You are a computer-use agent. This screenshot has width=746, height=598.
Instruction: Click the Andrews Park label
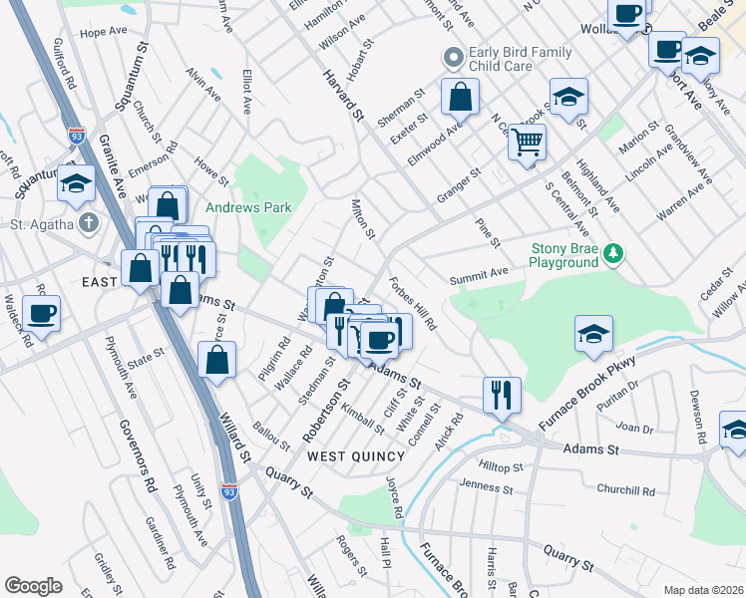point(248,207)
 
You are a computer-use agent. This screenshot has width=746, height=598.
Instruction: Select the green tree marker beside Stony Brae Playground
point(616,255)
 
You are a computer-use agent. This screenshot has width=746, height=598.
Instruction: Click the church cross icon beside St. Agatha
point(90,223)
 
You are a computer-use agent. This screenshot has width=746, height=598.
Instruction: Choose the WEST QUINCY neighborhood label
point(356,455)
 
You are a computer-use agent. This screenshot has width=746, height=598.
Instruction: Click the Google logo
point(33,586)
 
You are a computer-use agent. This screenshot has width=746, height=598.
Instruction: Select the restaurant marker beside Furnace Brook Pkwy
point(502,395)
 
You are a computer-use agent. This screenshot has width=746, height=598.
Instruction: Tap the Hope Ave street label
point(103,32)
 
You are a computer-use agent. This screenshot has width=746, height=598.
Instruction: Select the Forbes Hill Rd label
point(412,303)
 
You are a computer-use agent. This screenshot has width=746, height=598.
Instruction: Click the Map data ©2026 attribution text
point(703,589)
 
